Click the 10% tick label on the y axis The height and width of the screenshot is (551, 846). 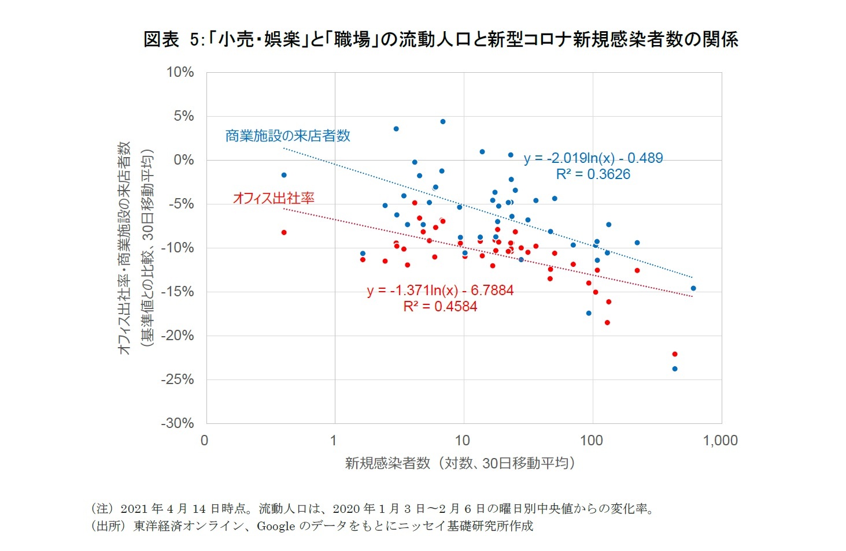pos(180,72)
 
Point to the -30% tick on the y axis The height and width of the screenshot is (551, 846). pos(177,423)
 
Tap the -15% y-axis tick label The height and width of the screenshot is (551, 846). pos(177,292)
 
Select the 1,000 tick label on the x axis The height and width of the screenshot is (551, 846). pos(720,441)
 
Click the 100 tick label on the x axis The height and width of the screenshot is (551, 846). pos(591,441)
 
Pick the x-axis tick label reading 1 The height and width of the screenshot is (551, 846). pos(334,441)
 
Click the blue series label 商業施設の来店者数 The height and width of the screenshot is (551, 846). pos(287,136)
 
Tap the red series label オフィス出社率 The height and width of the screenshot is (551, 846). pos(274,198)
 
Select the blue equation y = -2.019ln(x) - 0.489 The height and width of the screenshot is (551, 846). pos(593,158)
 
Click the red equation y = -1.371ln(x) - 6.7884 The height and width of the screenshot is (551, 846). pos(440,291)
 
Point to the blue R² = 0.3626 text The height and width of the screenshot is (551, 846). pos(593,174)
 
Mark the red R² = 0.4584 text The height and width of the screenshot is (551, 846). pos(440,307)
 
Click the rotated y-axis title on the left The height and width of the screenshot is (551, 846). pos(135,248)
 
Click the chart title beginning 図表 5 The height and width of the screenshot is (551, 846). pos(441,39)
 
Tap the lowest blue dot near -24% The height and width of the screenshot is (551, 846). pos(674,368)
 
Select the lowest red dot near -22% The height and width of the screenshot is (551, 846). pos(674,354)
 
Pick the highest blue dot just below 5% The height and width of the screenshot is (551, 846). pos(442,121)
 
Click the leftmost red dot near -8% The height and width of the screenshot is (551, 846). pos(283,232)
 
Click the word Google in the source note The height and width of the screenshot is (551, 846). pos(276,526)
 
